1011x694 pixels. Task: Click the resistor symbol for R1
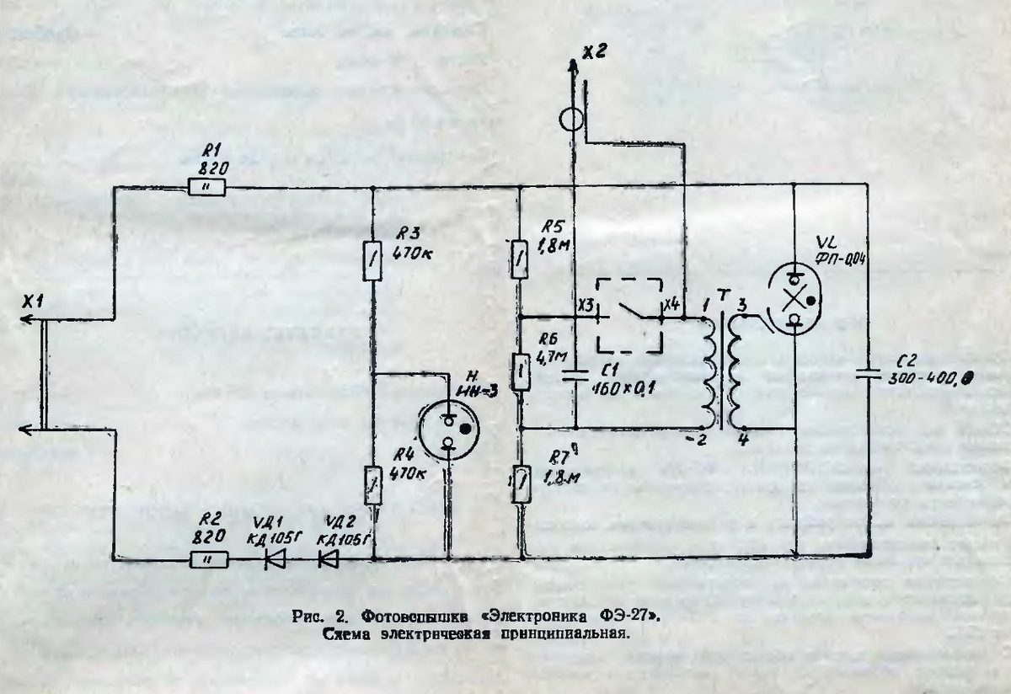click(206, 188)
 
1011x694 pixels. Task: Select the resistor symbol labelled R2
click(206, 558)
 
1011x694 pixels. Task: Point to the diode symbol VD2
click(330, 558)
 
